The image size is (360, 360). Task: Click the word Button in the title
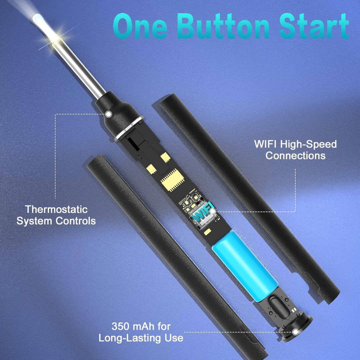coord(223,26)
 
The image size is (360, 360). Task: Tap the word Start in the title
coord(314,26)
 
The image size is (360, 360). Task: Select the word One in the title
coord(140,26)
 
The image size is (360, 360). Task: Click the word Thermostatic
coord(56,209)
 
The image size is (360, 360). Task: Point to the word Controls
coord(76,221)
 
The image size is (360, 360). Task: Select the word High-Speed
coord(308,144)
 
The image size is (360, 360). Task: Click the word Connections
coord(295,156)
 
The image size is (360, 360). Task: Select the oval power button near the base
coord(280,307)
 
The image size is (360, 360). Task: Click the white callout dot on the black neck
coord(108,114)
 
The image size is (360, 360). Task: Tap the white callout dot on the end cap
coord(295,332)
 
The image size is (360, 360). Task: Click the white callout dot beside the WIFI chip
coord(213,211)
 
